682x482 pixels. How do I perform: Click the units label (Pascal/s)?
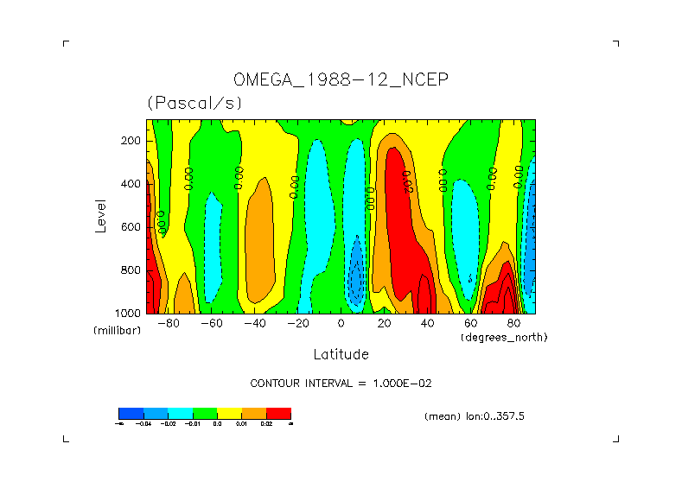pyautogui.click(x=194, y=103)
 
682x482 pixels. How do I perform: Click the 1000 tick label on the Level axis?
pyautogui.click(x=129, y=313)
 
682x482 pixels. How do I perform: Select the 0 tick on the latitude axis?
pyautogui.click(x=341, y=324)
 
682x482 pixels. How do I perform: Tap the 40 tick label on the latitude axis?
pyautogui.click(x=427, y=324)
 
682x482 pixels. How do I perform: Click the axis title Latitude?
pyautogui.click(x=341, y=354)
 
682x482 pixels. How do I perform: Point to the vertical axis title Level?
pyautogui.click(x=102, y=214)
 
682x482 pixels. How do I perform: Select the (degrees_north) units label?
pyautogui.click(x=504, y=337)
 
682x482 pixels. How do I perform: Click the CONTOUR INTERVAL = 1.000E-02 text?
pyautogui.click(x=340, y=383)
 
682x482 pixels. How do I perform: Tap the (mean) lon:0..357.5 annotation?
pyautogui.click(x=475, y=416)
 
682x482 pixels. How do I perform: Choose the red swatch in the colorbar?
pyautogui.click(x=278, y=413)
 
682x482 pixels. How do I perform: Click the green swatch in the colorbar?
pyautogui.click(x=204, y=413)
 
